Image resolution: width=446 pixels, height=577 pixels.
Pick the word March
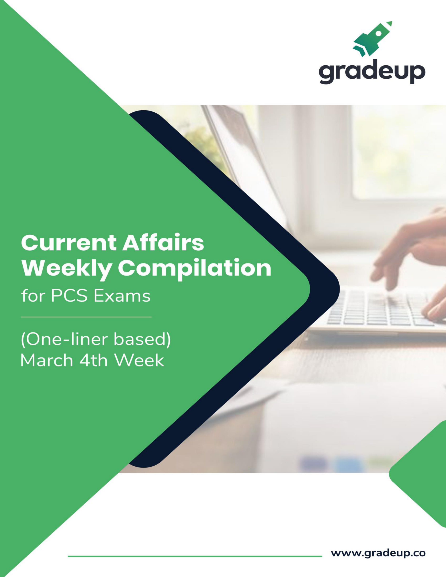[x=46, y=360]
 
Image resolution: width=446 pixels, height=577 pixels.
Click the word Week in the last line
[x=139, y=360]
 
